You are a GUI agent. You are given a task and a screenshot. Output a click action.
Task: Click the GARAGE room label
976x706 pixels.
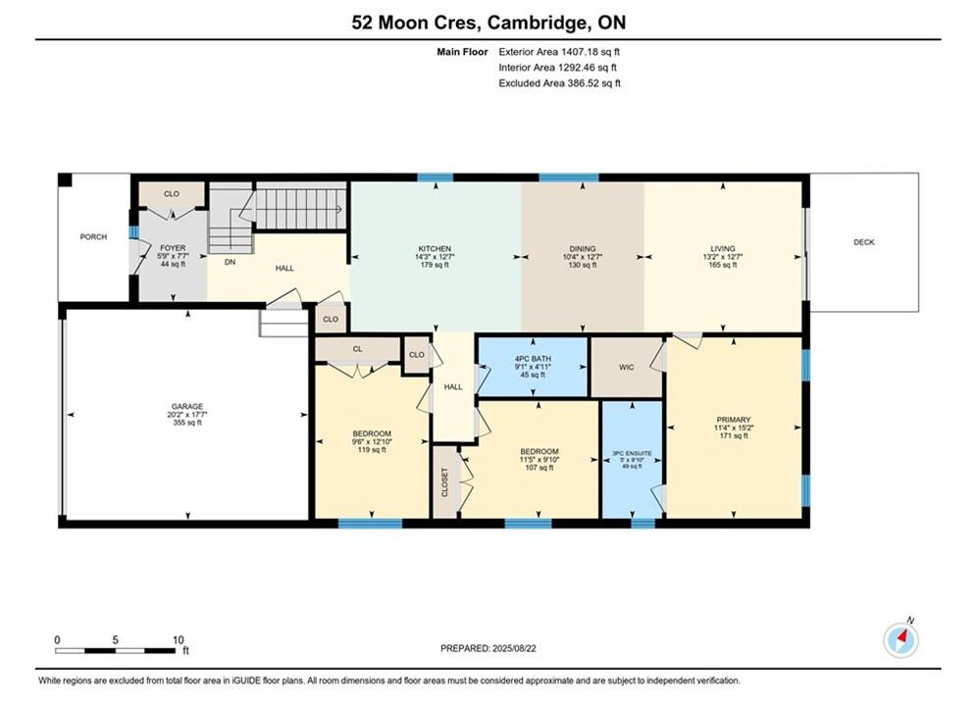(x=187, y=406)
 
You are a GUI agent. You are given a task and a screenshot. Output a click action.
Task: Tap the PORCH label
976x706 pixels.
(x=93, y=237)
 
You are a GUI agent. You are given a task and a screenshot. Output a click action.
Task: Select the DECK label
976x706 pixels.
(x=864, y=242)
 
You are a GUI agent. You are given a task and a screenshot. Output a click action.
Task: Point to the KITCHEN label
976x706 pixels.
(x=435, y=249)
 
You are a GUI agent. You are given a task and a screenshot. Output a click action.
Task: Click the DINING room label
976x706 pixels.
(x=583, y=249)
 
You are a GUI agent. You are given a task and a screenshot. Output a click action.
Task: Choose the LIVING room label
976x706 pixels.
(x=723, y=249)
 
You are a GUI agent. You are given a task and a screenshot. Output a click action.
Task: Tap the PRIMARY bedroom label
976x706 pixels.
(x=734, y=420)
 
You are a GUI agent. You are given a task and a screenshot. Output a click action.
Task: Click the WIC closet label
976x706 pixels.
(x=626, y=367)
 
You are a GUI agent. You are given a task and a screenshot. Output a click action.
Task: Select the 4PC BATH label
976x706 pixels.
(x=533, y=359)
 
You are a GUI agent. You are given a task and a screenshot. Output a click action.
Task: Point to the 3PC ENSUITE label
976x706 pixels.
(x=632, y=453)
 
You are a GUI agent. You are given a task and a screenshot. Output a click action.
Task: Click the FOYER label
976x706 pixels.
(x=173, y=248)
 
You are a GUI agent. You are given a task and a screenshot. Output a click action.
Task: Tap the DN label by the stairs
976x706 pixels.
(x=230, y=263)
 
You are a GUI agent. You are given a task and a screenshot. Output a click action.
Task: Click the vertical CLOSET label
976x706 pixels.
(x=445, y=482)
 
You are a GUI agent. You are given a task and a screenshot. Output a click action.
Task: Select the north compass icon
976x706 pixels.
(x=900, y=638)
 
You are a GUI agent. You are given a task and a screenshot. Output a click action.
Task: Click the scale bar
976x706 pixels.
(x=115, y=651)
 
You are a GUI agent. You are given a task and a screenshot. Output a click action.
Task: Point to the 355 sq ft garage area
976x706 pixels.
(x=187, y=423)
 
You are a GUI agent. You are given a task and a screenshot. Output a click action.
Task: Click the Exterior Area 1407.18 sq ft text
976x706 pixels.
(x=559, y=52)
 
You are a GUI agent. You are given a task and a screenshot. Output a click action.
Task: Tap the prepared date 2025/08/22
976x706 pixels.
(x=514, y=648)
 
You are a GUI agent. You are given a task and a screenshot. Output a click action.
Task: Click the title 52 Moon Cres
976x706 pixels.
(x=416, y=23)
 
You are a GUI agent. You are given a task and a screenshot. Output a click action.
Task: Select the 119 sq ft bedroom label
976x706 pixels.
(x=372, y=450)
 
